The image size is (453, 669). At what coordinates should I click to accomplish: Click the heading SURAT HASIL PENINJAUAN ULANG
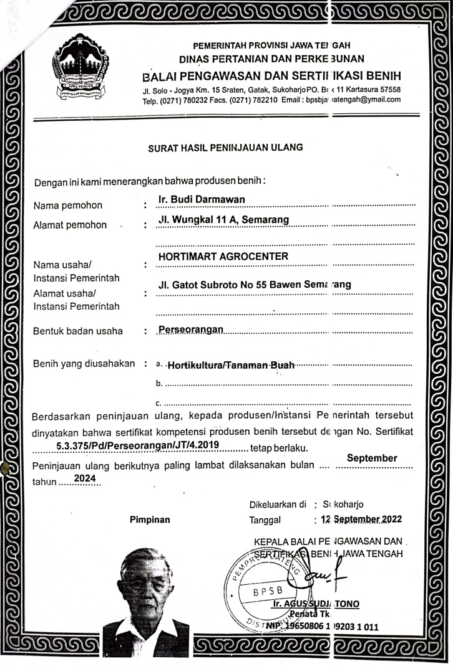tap(225, 148)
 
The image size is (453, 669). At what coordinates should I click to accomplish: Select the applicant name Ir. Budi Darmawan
tap(201, 199)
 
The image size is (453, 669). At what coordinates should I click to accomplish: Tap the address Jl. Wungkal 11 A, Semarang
tap(223, 219)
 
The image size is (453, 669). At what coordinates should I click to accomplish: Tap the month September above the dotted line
tap(372, 458)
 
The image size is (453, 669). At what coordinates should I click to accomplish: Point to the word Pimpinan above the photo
tap(150, 519)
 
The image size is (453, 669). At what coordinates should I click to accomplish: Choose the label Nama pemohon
tap(67, 206)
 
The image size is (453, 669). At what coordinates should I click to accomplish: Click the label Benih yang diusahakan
tap(84, 364)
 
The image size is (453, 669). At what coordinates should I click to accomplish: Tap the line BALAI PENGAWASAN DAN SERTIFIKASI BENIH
tap(272, 76)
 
